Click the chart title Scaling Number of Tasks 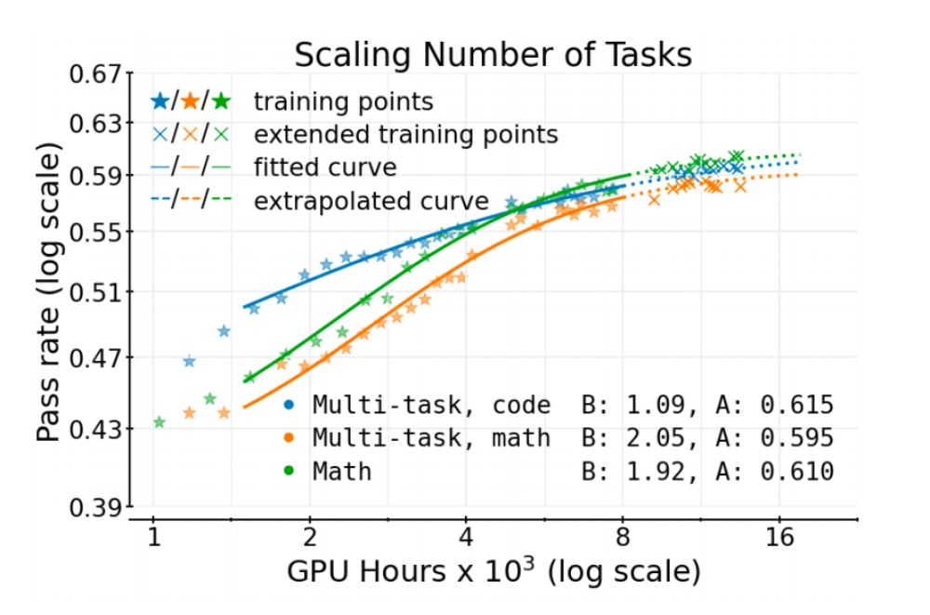tap(493, 55)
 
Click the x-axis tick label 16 tap(778, 538)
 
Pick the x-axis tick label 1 tap(154, 538)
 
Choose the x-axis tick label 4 tap(467, 538)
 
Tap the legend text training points tap(343, 100)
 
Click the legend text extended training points tap(405, 134)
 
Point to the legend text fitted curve tap(325, 167)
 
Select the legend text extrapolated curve tap(371, 201)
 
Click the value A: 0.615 tap(775, 405)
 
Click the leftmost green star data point tap(159, 421)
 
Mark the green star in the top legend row tap(222, 100)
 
